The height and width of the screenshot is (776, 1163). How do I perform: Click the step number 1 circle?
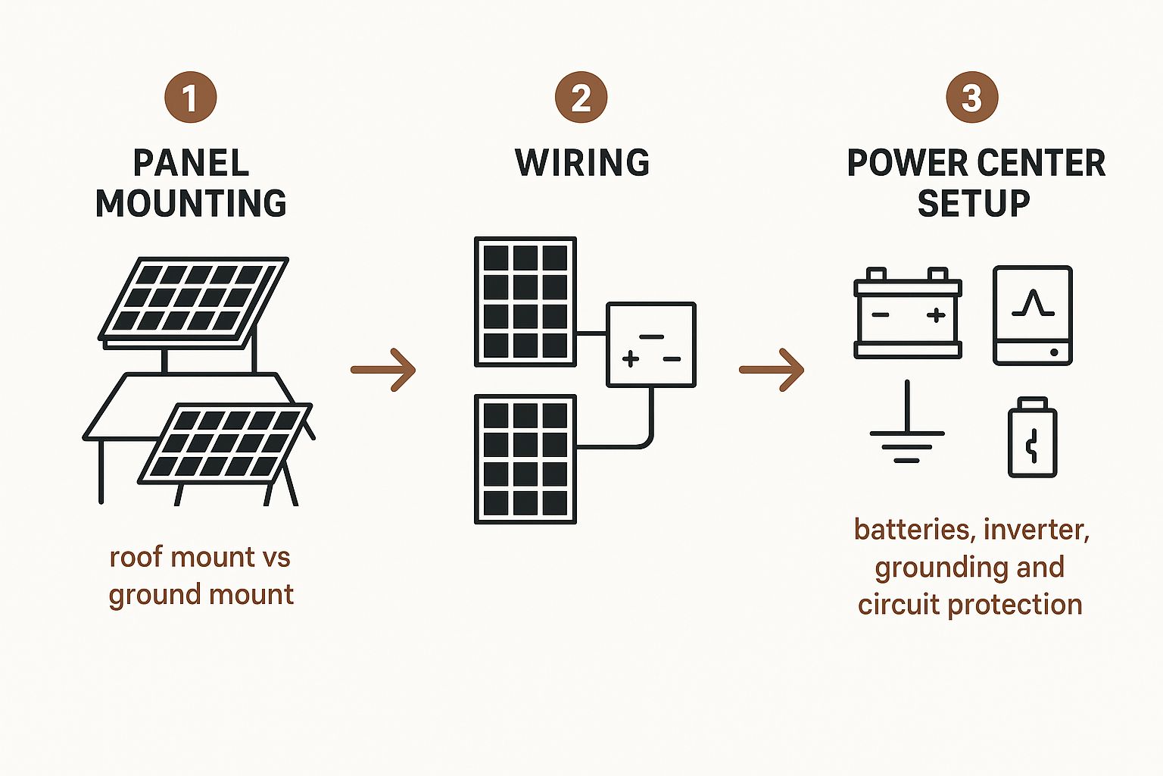point(190,97)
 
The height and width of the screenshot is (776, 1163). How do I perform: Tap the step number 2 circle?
point(581,97)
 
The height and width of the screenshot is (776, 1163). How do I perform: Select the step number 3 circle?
point(972,97)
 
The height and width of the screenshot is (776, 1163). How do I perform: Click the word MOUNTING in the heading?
point(191,203)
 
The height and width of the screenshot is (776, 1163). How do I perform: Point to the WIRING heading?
point(581,163)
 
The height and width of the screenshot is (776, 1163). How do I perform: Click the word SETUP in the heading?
point(974,203)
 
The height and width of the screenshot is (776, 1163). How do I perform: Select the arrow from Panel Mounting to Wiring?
point(383,370)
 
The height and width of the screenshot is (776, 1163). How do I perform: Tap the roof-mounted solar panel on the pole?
point(194,300)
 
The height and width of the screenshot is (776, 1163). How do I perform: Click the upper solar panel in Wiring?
point(525,302)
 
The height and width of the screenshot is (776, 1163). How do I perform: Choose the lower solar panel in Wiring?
point(525,459)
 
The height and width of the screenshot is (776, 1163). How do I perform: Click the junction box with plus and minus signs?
point(651,345)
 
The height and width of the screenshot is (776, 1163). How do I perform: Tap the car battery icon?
point(907,314)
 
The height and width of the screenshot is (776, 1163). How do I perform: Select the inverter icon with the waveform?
point(1033,314)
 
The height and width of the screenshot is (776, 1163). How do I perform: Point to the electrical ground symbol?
point(906,428)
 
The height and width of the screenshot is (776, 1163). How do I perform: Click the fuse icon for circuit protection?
point(1032,439)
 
